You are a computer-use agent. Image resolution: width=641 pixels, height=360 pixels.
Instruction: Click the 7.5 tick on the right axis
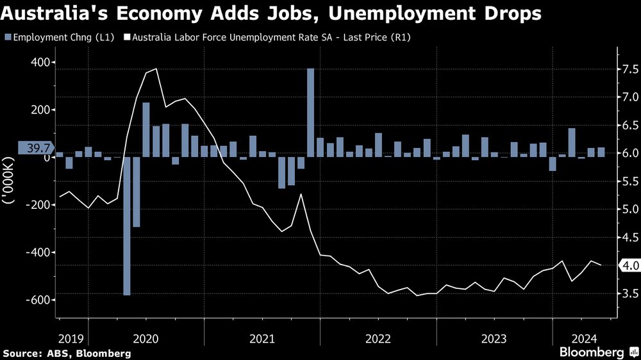pyautogui.click(x=627, y=69)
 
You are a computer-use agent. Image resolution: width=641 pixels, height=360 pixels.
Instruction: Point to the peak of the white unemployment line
pyautogui.click(x=156, y=69)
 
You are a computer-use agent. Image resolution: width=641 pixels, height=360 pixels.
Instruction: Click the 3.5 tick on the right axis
pyautogui.click(x=627, y=294)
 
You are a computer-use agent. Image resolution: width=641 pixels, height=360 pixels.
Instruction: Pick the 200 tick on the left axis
pyautogui.click(x=44, y=110)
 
